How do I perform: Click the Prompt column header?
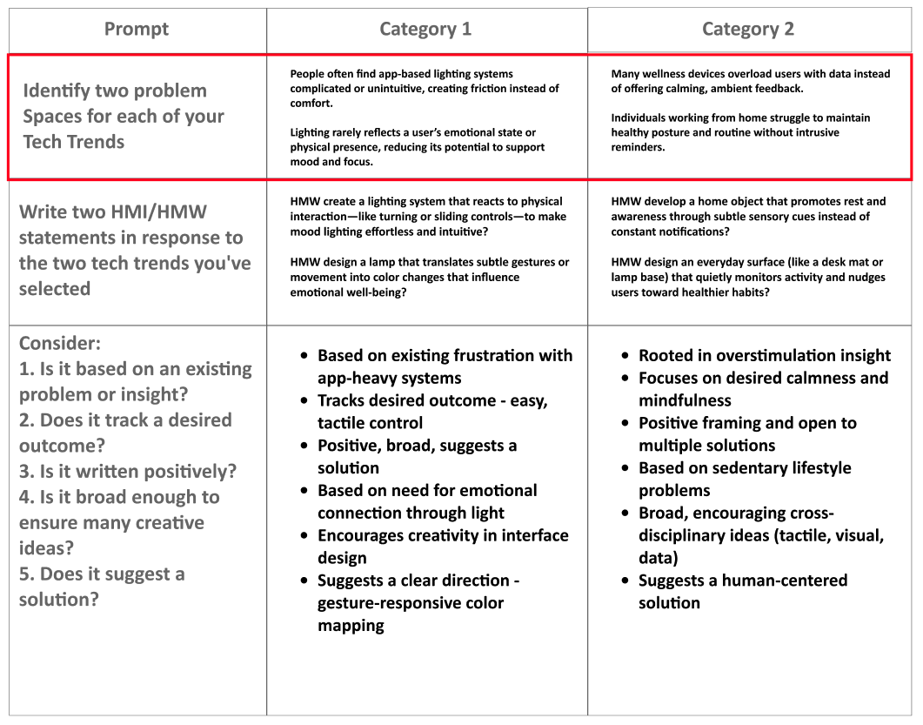[137, 29]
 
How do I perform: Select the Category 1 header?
[425, 29]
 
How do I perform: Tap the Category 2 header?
[747, 29]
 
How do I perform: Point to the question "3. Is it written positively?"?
[128, 472]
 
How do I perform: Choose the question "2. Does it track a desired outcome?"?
[125, 433]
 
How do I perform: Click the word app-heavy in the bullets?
[359, 378]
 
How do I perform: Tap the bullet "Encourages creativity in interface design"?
[442, 547]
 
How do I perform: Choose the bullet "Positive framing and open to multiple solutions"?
[746, 434]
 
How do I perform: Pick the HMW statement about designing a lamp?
[429, 277]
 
